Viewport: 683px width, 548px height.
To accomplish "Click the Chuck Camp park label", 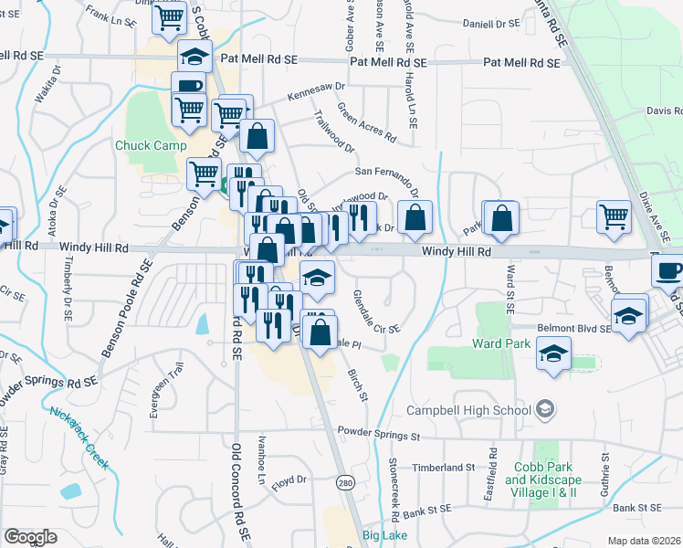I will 151,145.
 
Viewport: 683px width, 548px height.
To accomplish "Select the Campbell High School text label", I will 469,410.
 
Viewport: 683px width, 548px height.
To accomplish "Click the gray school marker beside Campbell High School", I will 546,407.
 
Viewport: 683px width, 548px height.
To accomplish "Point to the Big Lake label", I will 383,534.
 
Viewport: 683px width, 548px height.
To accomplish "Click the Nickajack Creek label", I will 79,437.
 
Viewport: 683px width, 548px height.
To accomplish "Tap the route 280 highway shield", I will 343,482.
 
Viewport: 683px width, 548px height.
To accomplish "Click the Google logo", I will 30,536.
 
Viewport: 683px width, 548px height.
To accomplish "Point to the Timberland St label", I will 444,467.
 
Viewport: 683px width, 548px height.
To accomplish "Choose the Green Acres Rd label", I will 366,123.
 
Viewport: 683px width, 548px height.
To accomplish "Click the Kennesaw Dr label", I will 315,91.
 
